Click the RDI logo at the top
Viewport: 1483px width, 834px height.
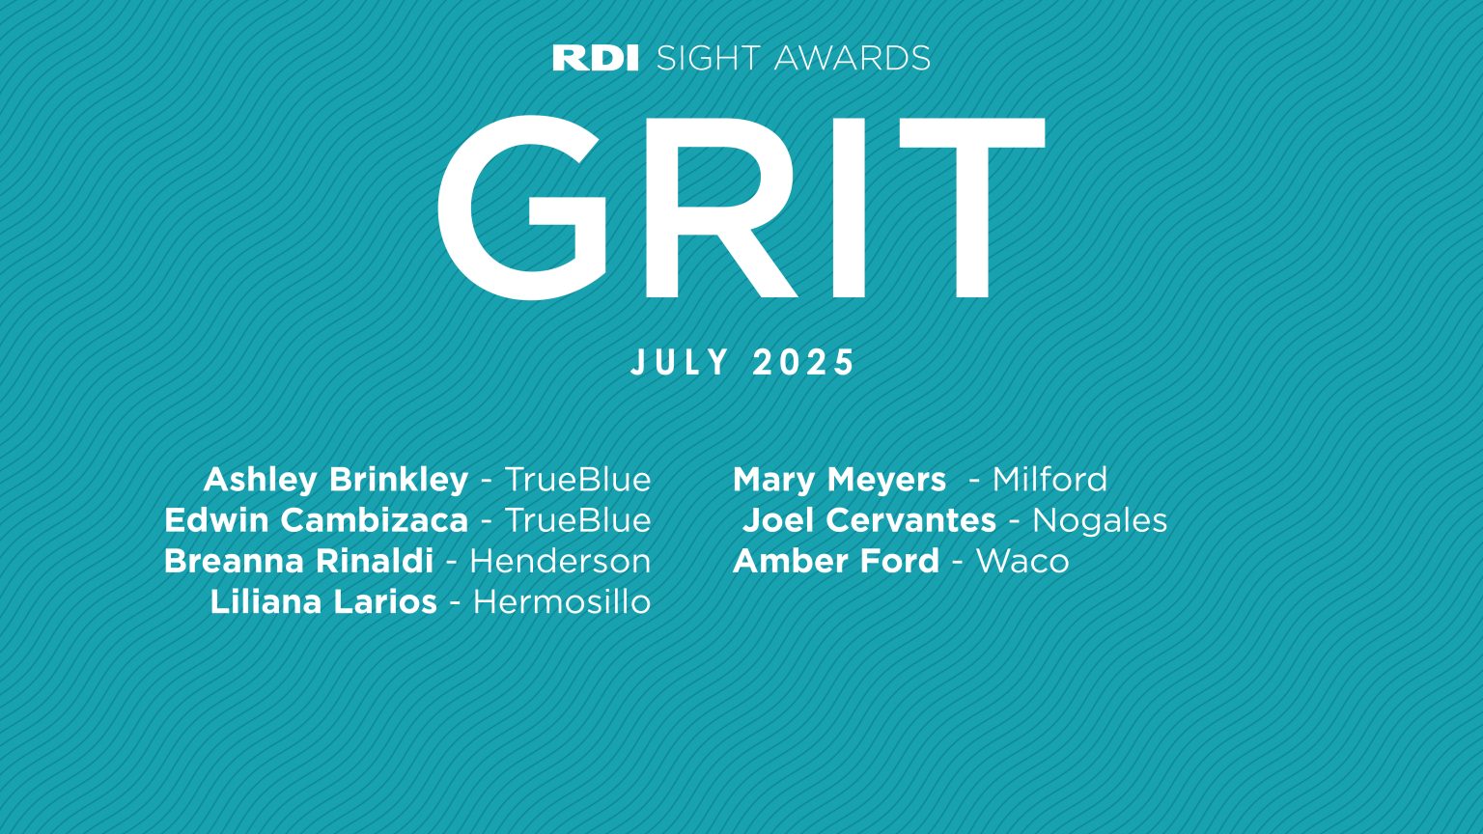[595, 58]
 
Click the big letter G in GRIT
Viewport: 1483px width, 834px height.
[522, 207]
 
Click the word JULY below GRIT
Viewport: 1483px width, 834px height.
[681, 363]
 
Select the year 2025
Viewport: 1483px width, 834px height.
[804, 363]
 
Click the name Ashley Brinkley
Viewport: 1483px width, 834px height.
[335, 480]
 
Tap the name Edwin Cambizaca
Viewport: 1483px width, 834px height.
[316, 520]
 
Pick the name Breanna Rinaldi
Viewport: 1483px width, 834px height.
[298, 561]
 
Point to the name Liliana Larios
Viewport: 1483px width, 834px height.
[323, 601]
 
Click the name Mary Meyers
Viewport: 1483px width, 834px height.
[839, 480]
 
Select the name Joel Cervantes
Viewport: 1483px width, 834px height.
[869, 520]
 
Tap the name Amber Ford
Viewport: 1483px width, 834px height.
[836, 561]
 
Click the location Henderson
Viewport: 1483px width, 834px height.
[560, 561]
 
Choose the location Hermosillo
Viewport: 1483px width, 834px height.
[562, 601]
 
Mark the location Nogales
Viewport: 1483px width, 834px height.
[1100, 520]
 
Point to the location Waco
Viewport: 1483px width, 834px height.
[1022, 561]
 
